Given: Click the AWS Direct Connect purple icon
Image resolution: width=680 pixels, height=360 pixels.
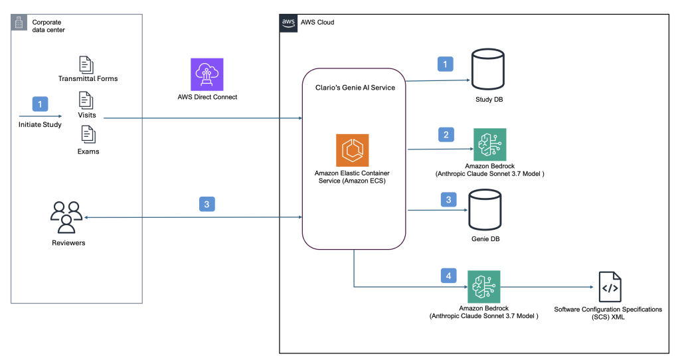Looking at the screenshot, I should [207, 74].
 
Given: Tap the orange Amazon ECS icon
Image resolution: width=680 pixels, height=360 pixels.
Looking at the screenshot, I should [353, 150].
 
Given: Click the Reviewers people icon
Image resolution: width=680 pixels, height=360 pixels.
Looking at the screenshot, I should [66, 217].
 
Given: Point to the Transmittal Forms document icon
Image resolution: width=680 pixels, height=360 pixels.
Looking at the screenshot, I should [86, 64].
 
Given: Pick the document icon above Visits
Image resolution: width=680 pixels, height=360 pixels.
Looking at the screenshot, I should [86, 100].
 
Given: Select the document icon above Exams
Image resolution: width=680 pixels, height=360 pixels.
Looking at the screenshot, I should [87, 135].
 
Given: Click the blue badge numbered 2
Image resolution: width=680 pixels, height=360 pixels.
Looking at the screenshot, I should [446, 135].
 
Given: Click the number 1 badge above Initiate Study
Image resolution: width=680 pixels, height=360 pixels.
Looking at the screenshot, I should [41, 104].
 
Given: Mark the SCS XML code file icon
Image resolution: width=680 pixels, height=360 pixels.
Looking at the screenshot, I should [610, 287].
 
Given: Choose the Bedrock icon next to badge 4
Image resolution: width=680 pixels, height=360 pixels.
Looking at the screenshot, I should [483, 287].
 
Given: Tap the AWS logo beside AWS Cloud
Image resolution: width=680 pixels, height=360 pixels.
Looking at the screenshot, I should [288, 22].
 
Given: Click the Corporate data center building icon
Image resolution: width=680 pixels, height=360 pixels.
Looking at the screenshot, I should [20, 23].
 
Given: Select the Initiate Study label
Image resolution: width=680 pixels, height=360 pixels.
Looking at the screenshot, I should [41, 124].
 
